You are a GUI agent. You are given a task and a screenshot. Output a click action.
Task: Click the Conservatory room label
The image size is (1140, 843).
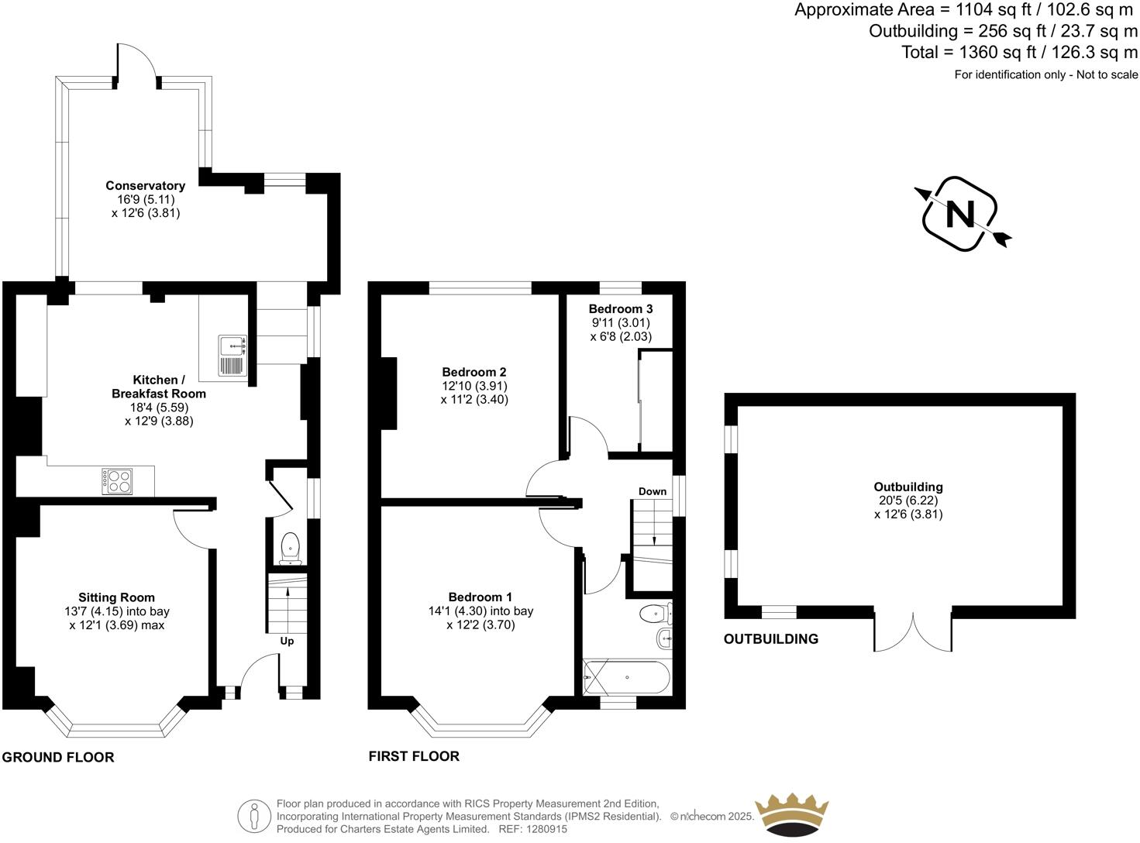145,186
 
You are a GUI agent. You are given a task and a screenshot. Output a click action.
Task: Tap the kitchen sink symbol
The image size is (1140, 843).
232,356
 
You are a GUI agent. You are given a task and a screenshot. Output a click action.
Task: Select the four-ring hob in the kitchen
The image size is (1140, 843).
117,481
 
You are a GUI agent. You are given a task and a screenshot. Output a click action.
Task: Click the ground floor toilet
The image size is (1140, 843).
291,545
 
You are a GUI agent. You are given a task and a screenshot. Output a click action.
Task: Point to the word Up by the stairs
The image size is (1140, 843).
287,642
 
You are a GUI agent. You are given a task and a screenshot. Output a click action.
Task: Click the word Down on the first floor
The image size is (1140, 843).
653,491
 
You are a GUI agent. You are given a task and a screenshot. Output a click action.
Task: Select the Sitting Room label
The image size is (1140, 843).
116,597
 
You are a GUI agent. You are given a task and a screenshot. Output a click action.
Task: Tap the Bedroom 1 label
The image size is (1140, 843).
480,597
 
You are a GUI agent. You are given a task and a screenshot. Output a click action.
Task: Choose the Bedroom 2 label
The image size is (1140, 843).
474,372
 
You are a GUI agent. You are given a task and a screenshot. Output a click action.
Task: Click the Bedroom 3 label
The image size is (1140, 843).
620,308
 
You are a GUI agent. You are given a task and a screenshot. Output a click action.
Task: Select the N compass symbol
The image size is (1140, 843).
961,215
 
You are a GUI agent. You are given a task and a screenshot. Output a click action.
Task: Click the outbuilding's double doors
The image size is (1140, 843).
913,631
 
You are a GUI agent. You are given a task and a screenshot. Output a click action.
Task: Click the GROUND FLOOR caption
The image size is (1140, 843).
58,758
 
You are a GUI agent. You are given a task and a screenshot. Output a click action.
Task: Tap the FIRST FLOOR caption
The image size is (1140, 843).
414,756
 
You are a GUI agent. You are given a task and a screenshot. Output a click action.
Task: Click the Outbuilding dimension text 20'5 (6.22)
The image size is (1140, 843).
908,501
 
